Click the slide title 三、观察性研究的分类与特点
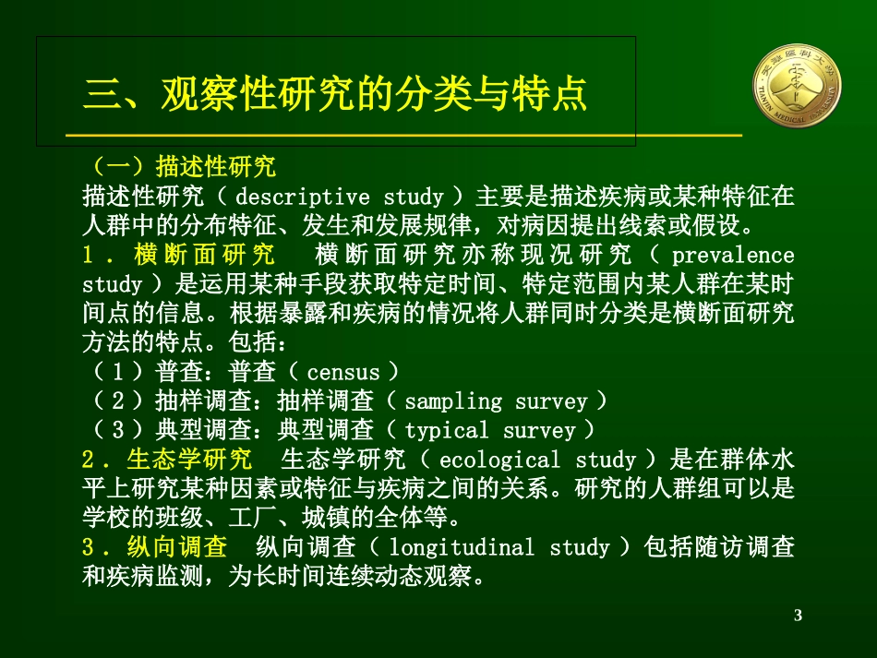[335, 94]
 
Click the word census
[342, 373]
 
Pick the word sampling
[452, 401]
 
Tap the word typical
[447, 431]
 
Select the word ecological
[499, 460]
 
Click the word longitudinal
[462, 547]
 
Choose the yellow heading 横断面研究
[205, 255]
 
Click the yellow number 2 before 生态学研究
[89, 460]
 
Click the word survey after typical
[538, 431]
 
